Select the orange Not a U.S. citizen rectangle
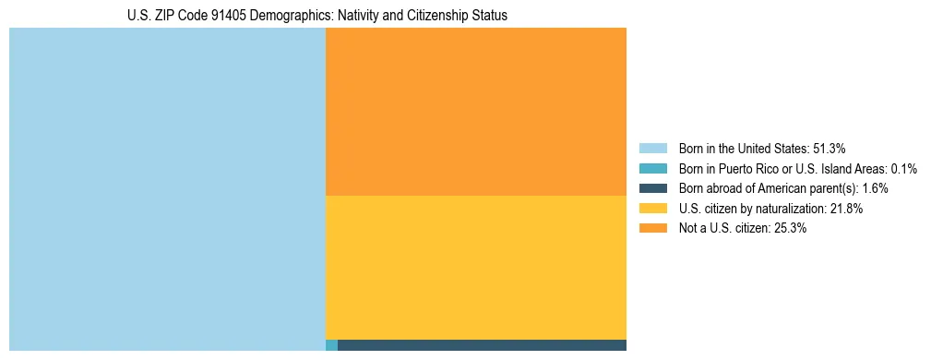click(476, 112)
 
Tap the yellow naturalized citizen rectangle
click(476, 268)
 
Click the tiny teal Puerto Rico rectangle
click(331, 345)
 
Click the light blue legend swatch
click(652, 149)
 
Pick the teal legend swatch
click(652, 169)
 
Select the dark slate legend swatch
click(652, 188)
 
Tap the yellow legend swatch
click(652, 209)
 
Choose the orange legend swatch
click(652, 229)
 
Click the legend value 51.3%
click(828, 149)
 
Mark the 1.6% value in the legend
click(875, 188)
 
